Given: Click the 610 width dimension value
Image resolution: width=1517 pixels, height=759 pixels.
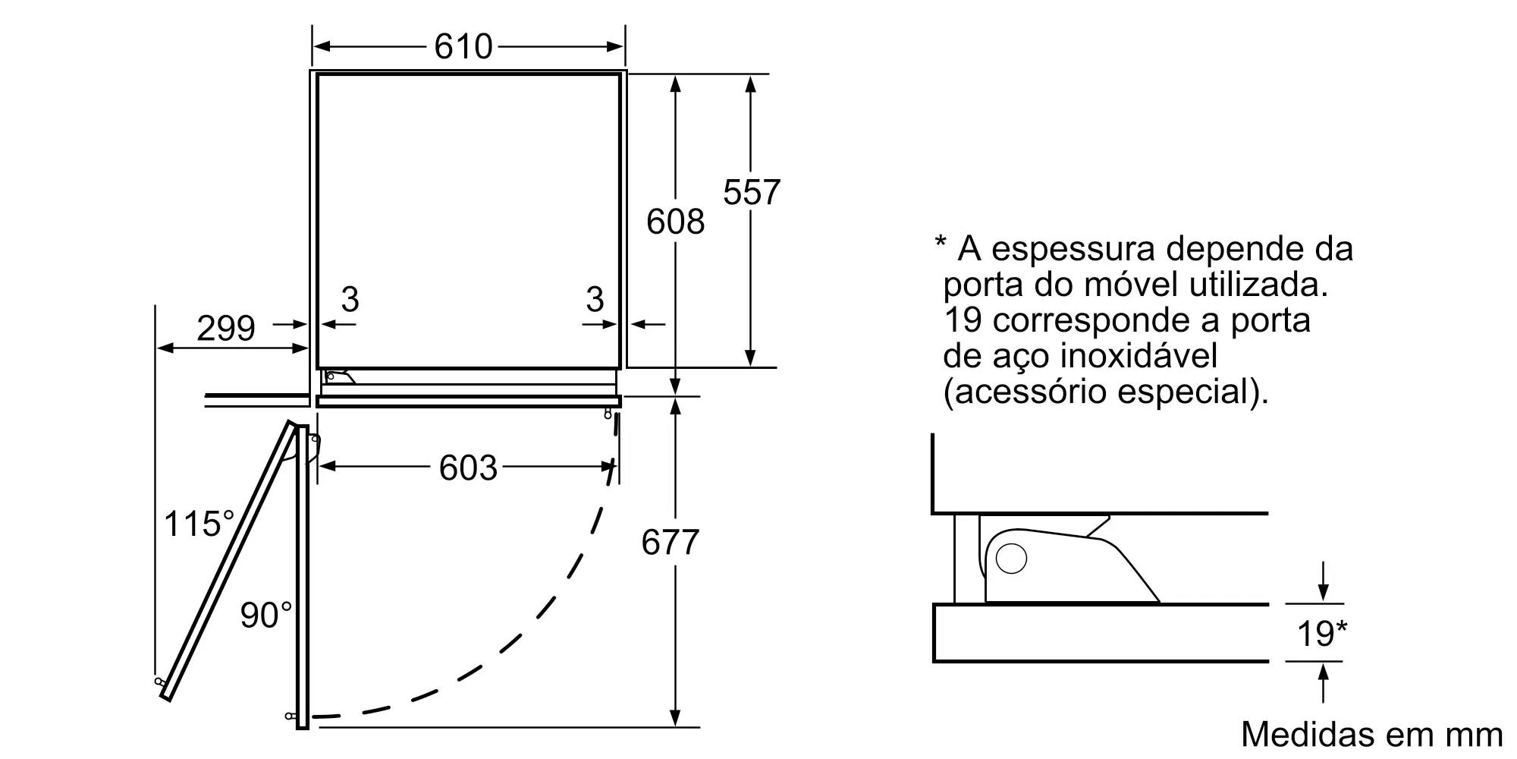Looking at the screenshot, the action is point(463,47).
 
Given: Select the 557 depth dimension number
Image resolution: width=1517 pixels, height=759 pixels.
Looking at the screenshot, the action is point(752,193).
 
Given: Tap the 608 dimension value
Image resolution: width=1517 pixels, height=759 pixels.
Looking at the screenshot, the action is point(676,222).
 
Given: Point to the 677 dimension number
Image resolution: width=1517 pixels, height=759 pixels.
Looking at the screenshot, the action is point(671,543).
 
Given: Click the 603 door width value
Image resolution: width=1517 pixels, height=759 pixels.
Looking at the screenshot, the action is point(468,468).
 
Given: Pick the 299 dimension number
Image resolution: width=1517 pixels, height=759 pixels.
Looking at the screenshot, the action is point(226,329).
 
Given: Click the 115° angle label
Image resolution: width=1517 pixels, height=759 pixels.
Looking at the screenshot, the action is point(199,524).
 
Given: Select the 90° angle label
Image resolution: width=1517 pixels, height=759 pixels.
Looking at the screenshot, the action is point(266,615).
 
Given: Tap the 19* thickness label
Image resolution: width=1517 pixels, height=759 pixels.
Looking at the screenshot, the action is point(1322,633).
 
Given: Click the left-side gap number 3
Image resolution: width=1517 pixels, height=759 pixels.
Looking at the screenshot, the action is point(350,300).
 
